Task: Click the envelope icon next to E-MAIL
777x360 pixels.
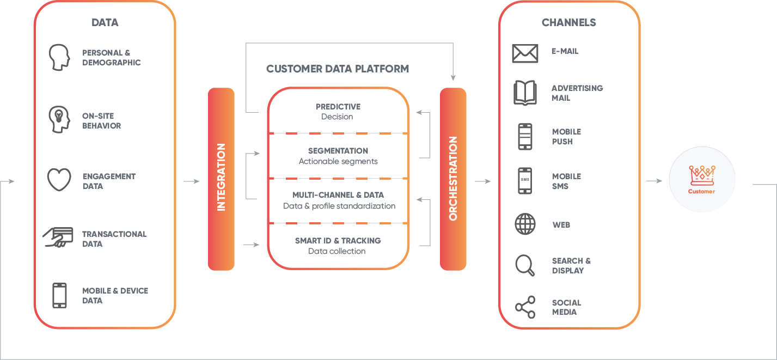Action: pyautogui.click(x=525, y=53)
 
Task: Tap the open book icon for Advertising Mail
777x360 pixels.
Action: pyautogui.click(x=525, y=93)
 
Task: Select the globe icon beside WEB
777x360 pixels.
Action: pyautogui.click(x=525, y=224)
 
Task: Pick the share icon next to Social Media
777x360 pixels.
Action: pyautogui.click(x=525, y=307)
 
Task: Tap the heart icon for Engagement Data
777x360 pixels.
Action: pyautogui.click(x=59, y=180)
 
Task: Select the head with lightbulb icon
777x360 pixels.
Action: pyautogui.click(x=59, y=120)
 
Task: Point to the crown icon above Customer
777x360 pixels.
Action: pyautogui.click(x=701, y=176)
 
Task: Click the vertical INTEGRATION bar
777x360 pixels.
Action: pyautogui.click(x=221, y=179)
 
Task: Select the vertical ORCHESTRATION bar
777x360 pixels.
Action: pyautogui.click(x=453, y=179)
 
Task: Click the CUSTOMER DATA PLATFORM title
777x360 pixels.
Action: pyautogui.click(x=338, y=69)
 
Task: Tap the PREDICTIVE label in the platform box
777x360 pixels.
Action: pyautogui.click(x=338, y=107)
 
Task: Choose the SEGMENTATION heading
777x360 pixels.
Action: pyautogui.click(x=338, y=151)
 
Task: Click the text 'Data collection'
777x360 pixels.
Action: pyautogui.click(x=337, y=251)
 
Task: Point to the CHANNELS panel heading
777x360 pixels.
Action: pyautogui.click(x=568, y=23)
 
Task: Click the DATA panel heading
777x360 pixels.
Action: pyautogui.click(x=105, y=23)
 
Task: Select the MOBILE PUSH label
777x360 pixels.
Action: pyautogui.click(x=566, y=137)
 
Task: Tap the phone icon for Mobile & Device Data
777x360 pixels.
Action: pyautogui.click(x=59, y=295)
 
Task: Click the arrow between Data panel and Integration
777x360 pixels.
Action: pyautogui.click(x=192, y=181)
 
